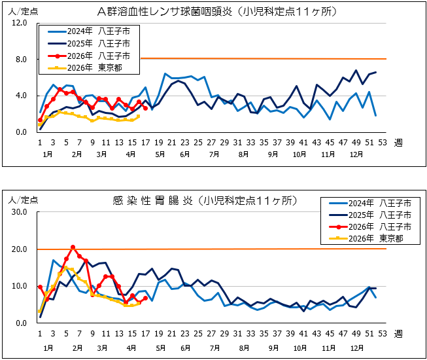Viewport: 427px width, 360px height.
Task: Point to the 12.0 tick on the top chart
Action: point(19,23)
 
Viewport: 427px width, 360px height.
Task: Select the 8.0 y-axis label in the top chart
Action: point(21,60)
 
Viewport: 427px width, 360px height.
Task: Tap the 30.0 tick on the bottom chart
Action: point(19,213)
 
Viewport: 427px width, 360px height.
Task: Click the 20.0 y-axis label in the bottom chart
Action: point(19,249)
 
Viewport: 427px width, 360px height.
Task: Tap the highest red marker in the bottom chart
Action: point(73,247)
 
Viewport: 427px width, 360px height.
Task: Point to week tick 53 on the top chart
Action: point(382,143)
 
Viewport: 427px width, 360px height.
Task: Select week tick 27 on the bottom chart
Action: point(211,333)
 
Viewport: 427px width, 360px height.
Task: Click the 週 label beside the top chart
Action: point(398,143)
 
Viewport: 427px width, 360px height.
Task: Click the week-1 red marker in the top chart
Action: point(40,120)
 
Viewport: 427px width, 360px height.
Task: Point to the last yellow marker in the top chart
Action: point(139,117)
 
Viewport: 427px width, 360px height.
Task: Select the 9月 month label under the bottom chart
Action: point(273,347)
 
